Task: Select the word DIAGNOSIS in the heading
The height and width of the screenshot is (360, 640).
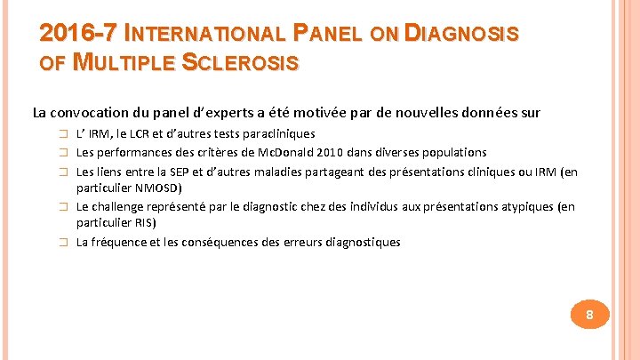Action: click(x=461, y=34)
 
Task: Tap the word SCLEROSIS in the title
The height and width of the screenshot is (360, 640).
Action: click(x=242, y=64)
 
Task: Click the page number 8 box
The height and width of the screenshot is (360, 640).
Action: click(x=588, y=315)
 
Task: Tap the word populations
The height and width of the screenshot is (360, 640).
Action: click(x=447, y=152)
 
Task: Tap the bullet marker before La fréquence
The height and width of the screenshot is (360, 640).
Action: click(x=63, y=243)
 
